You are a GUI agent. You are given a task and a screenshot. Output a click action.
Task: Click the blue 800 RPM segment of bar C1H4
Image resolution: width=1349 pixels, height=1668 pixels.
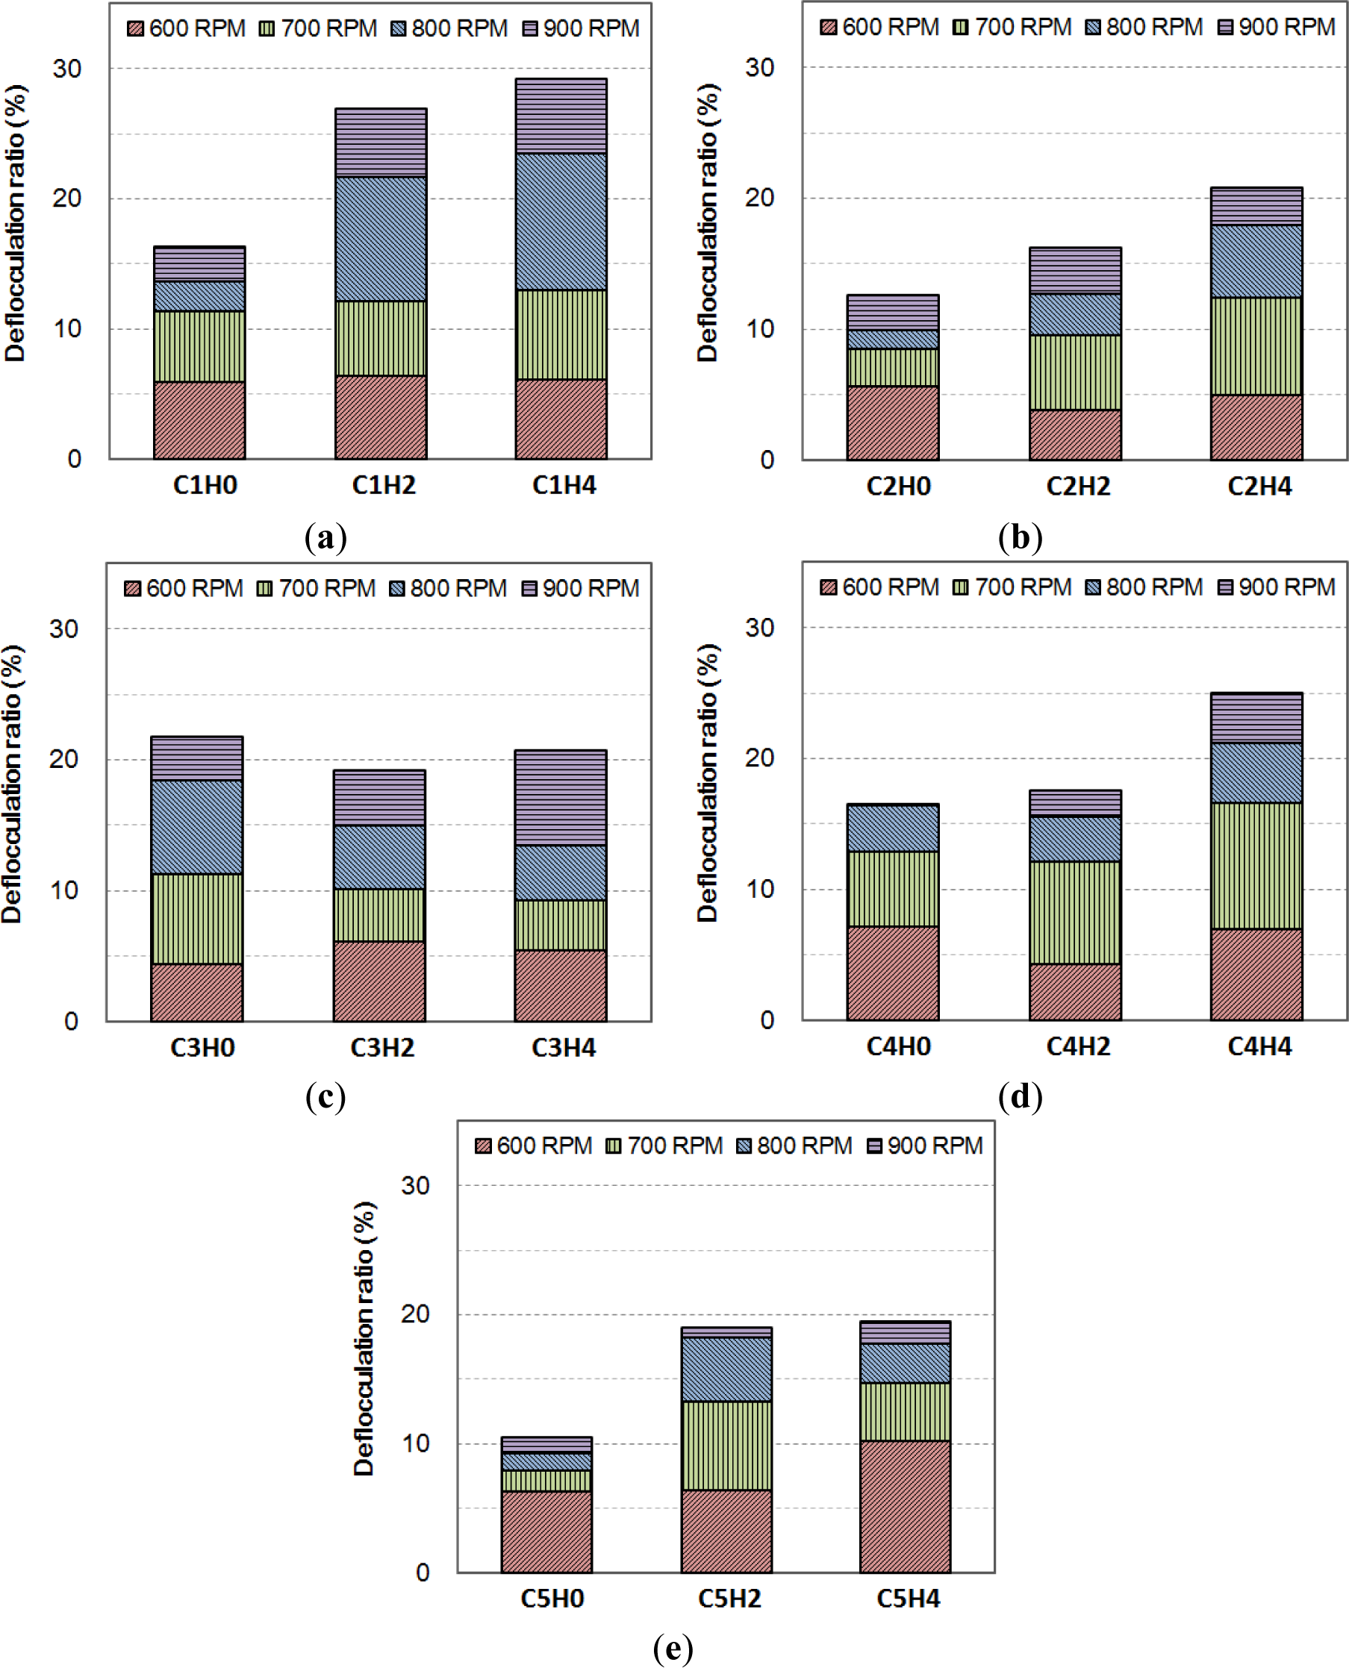[561, 222]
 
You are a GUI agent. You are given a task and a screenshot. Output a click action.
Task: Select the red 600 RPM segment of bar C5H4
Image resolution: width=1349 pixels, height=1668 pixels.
[906, 1506]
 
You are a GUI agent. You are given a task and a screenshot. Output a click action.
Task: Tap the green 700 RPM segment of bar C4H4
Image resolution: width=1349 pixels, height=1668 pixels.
[1256, 866]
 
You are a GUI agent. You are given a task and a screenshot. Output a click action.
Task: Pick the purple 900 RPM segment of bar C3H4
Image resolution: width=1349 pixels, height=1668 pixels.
[560, 797]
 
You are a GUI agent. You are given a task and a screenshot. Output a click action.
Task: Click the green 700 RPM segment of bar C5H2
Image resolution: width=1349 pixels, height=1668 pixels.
[726, 1445]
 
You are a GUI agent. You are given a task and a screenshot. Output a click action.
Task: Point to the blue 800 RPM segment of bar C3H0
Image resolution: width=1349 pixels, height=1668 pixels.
[196, 827]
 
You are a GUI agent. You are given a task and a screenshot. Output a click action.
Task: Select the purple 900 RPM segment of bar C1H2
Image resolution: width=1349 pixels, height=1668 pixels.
[381, 143]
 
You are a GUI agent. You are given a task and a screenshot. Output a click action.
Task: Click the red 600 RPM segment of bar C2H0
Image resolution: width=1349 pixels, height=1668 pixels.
[893, 422]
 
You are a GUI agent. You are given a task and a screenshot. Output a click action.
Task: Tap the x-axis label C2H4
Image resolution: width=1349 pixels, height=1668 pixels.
[1259, 487]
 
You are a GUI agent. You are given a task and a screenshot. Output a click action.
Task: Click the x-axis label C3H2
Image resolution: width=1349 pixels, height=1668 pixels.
[382, 1047]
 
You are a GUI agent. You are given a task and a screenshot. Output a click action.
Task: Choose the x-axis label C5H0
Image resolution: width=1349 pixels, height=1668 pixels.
[552, 1598]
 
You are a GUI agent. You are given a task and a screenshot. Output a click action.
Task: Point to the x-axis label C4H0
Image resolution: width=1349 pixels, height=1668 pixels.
[898, 1046]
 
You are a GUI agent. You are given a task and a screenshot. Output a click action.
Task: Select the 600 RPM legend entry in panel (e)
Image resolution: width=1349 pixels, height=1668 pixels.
[533, 1145]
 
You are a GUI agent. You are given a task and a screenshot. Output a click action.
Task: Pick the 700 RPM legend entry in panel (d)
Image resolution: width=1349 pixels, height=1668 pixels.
[1012, 587]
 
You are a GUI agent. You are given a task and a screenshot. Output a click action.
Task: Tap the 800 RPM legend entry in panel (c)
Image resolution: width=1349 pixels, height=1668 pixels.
[448, 588]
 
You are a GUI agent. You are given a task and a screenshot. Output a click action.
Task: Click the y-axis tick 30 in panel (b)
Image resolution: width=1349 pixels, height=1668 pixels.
[760, 68]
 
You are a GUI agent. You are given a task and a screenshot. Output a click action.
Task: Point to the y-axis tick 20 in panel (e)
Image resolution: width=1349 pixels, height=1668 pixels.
[415, 1314]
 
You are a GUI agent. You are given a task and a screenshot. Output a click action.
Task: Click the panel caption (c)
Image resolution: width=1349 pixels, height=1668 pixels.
[325, 1096]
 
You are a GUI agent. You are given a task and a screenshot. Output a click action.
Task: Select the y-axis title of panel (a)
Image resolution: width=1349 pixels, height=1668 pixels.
[16, 223]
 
